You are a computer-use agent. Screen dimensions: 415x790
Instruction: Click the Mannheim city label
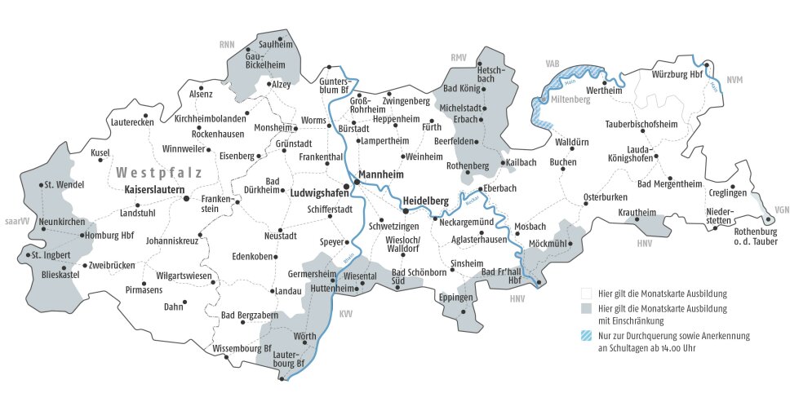384,173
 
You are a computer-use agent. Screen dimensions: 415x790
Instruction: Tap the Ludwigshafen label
317,193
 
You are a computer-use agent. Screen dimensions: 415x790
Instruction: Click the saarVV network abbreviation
16,221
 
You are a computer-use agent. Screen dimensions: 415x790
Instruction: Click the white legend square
586,292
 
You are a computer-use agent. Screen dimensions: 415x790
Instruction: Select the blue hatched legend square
586,335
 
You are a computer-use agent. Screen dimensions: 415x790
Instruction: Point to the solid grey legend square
586,308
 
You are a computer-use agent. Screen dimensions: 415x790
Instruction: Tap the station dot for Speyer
348,242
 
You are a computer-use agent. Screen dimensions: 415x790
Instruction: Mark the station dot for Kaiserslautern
186,197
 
